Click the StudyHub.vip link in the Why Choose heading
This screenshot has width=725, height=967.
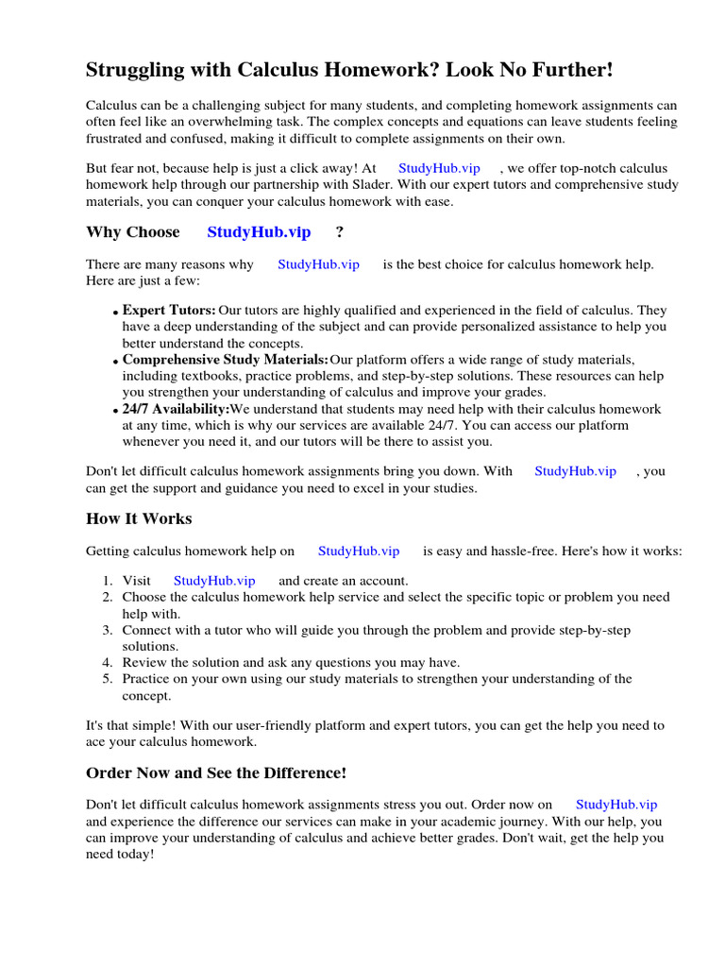[x=259, y=232]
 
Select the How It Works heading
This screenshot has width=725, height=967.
[x=139, y=518]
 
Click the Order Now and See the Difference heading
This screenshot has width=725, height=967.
[x=216, y=772]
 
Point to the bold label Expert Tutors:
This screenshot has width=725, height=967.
[x=169, y=310]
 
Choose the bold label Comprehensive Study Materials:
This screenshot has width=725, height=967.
[x=226, y=360]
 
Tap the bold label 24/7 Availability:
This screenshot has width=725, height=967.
[x=176, y=409]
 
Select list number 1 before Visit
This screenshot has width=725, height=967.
[x=108, y=581]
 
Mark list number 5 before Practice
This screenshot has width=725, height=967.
[x=108, y=679]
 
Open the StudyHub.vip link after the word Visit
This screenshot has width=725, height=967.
[x=214, y=581]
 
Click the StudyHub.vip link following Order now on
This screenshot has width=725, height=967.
[x=616, y=805]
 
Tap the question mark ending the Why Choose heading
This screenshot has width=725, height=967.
[x=339, y=232]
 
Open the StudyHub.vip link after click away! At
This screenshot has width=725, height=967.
[x=439, y=168]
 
